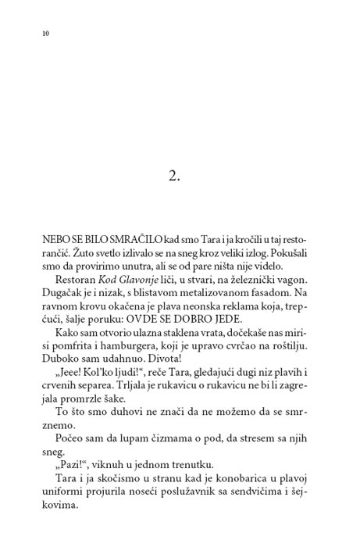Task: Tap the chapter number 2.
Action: (173, 175)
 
